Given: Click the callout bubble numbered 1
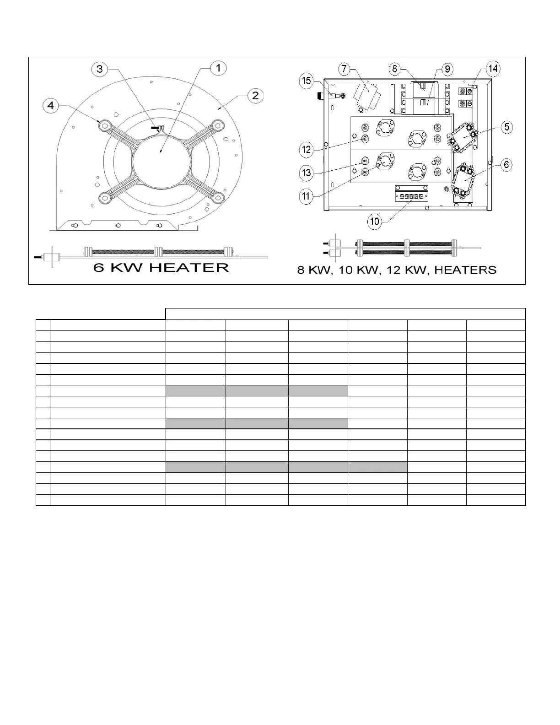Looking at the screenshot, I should [218, 68].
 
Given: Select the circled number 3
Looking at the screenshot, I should [100, 69].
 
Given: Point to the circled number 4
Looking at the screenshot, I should [51, 105].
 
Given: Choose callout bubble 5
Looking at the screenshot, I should [506, 127].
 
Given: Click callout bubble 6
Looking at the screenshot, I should [506, 165].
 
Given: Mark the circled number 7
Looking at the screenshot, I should [344, 69].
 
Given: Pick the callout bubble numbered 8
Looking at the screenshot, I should [394, 69].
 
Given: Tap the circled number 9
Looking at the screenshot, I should [447, 69].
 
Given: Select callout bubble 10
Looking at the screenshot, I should [375, 222].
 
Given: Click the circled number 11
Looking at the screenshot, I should [306, 196].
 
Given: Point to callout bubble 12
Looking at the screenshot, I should [306, 149].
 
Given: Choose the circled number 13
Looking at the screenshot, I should [306, 173].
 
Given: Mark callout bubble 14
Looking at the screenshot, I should [492, 69].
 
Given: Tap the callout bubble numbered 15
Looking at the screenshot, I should [306, 81].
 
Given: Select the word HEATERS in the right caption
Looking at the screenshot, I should [465, 270].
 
